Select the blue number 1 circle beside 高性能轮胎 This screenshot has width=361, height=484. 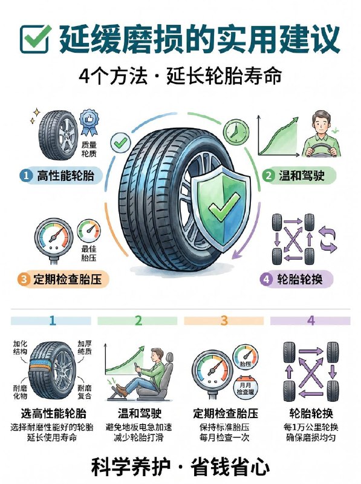coord(25,175)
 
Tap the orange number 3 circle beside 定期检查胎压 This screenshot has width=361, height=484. coord(24,279)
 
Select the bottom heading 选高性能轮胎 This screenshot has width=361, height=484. coord(53,414)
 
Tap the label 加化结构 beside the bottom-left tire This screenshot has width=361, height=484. coord(21,348)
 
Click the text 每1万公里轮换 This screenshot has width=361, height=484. coord(310,428)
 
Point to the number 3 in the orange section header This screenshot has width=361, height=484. coord(224,320)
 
